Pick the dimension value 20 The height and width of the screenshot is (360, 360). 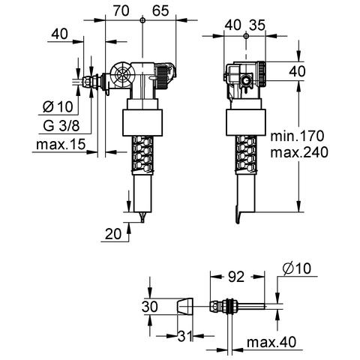(112, 234)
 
